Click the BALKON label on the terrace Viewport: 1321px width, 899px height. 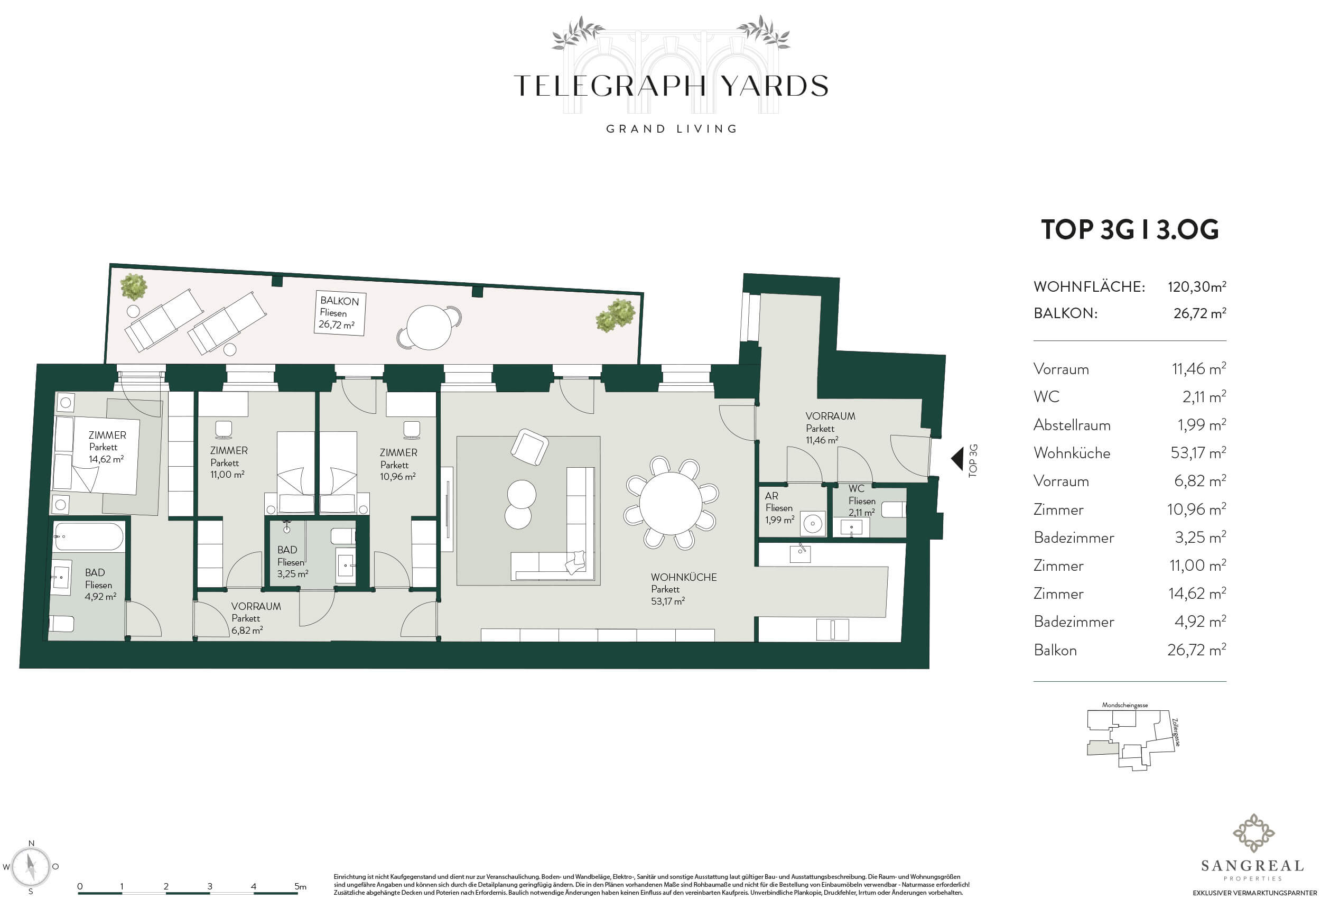point(339,301)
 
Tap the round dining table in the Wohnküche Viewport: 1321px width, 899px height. point(671,503)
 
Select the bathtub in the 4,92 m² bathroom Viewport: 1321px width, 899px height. point(88,537)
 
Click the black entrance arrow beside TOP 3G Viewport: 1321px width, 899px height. point(957,459)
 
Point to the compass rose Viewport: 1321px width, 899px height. point(31,868)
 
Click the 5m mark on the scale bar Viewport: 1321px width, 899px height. point(300,886)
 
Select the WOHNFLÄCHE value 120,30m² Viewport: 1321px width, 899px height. point(1196,286)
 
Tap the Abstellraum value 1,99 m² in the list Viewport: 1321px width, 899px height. point(1201,424)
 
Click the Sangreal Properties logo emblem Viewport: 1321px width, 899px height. point(1253,833)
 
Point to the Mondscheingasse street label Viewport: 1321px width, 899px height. point(1125,705)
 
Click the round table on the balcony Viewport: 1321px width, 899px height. point(429,328)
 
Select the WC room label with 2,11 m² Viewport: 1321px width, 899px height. point(861,501)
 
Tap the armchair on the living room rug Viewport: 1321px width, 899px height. point(529,447)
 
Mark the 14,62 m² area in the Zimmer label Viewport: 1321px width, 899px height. point(106,459)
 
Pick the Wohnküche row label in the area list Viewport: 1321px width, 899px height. point(1072,452)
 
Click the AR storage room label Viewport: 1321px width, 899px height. point(779,508)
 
